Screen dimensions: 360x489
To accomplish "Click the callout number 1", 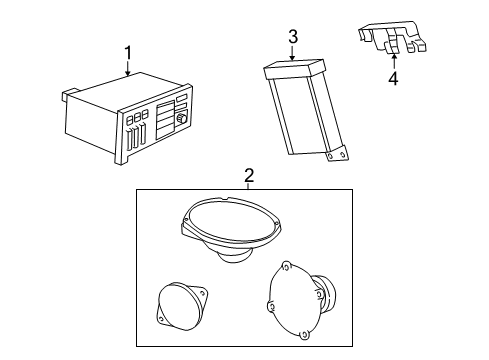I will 127,52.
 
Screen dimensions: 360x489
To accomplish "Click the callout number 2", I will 249,176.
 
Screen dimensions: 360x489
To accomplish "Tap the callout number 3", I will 293,38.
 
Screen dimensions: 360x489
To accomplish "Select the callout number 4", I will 394,78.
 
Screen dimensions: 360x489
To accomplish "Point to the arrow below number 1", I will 128,70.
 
